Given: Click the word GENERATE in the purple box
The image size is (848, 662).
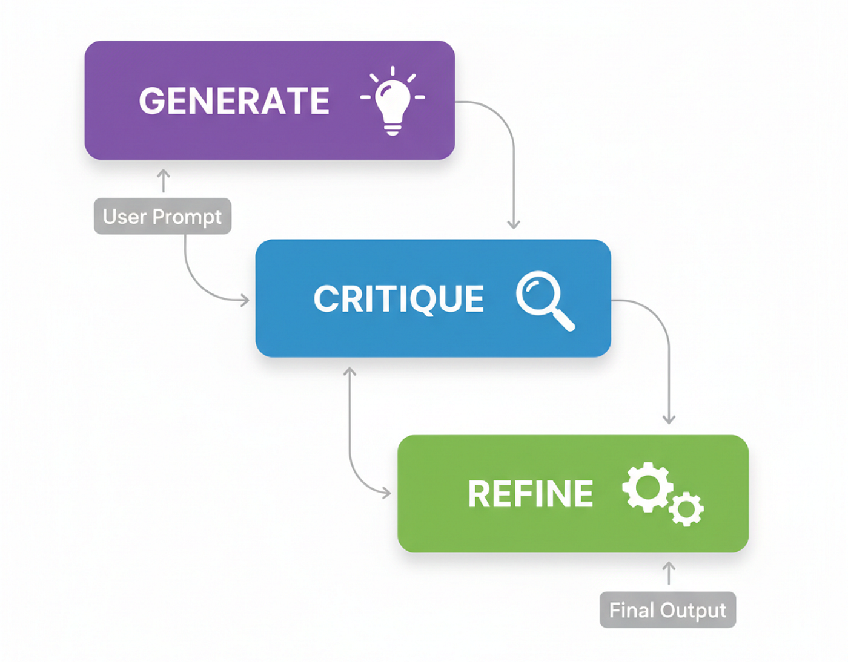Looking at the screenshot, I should click(x=234, y=100).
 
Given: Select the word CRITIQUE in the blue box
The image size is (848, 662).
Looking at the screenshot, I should click(x=399, y=298).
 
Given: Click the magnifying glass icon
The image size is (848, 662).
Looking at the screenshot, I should click(x=543, y=299).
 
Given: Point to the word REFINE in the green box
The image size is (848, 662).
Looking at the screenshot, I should click(x=530, y=494).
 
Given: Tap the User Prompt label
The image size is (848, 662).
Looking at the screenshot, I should click(x=162, y=216).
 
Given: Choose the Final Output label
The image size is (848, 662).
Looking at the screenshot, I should click(x=667, y=610).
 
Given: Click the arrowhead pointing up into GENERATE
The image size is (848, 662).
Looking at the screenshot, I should click(x=164, y=174).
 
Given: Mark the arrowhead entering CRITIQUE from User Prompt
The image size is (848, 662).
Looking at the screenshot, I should click(x=245, y=300).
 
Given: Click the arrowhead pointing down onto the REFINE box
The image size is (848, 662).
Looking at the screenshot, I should click(x=669, y=419).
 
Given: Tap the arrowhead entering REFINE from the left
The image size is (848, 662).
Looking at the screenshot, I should click(x=386, y=493).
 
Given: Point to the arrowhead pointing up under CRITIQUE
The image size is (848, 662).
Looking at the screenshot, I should click(x=349, y=371).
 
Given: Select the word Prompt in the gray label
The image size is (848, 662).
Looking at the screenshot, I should click(x=187, y=217).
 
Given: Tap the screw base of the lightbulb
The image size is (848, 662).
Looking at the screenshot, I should click(x=393, y=128).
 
